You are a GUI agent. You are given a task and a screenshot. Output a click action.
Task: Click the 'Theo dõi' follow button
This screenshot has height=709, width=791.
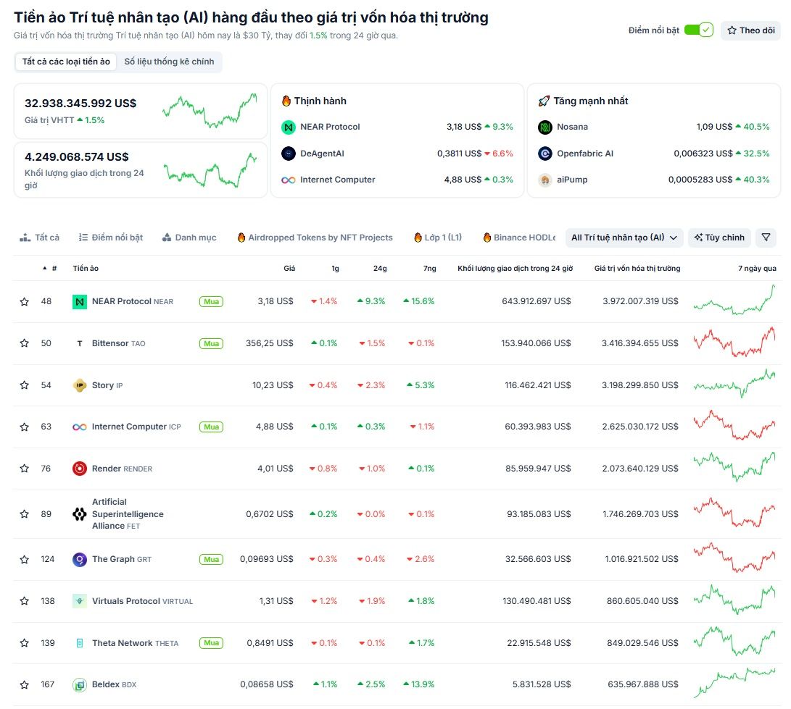[750, 30]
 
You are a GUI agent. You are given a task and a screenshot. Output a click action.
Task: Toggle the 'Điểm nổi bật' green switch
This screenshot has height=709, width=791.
[698, 30]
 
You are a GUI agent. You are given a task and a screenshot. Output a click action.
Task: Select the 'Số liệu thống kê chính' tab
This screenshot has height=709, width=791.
[169, 62]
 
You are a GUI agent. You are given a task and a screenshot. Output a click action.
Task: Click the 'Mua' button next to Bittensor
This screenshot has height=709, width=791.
[211, 343]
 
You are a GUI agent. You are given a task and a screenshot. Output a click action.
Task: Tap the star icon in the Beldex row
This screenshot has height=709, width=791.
[24, 684]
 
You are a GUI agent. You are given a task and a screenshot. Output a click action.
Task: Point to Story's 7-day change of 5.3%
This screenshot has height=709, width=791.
[421, 385]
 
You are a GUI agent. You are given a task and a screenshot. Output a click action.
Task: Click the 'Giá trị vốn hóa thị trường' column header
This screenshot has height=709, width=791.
[637, 269]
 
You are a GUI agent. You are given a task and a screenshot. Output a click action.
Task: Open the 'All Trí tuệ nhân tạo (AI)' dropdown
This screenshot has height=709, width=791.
[624, 238]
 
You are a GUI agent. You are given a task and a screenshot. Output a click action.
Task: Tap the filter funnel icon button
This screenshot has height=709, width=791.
[766, 238]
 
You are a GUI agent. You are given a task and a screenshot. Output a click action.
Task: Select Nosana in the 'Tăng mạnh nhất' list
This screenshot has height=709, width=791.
[572, 127]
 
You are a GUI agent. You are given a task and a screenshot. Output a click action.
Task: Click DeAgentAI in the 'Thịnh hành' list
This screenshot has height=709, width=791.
[322, 154]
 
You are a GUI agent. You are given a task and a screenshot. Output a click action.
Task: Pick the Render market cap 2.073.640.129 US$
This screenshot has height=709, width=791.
[639, 469]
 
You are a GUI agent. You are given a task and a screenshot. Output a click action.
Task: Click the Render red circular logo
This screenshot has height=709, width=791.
[80, 469]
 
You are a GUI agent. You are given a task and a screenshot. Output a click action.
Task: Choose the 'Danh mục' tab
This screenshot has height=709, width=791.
[189, 238]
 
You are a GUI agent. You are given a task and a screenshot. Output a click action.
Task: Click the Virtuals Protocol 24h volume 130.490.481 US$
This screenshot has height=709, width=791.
[537, 601]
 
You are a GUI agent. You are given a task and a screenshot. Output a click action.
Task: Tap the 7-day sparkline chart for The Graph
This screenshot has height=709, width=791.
[734, 559]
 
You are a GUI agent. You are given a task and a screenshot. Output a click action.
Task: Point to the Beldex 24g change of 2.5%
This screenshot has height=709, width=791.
[371, 684]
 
